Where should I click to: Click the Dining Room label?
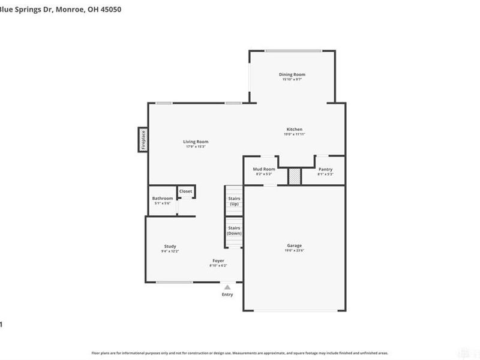point(292,74)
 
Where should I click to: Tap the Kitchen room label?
point(294,130)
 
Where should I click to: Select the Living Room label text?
point(196,142)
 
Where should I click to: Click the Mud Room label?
point(264,169)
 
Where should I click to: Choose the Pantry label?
point(325,169)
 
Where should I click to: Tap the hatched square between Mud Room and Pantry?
point(295,176)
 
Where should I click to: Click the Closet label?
point(186,191)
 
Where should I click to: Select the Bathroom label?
point(163,199)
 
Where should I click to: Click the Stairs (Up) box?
point(234,200)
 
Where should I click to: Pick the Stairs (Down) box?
point(234,230)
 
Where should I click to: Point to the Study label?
point(170,247)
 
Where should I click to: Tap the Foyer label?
point(218,260)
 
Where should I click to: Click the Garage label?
point(294,245)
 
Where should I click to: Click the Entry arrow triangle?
point(227,287)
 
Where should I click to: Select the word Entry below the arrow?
point(227,295)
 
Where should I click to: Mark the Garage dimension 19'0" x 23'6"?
point(294,251)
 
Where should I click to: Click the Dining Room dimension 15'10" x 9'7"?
point(292,79)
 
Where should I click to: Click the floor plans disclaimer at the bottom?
point(239,353)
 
